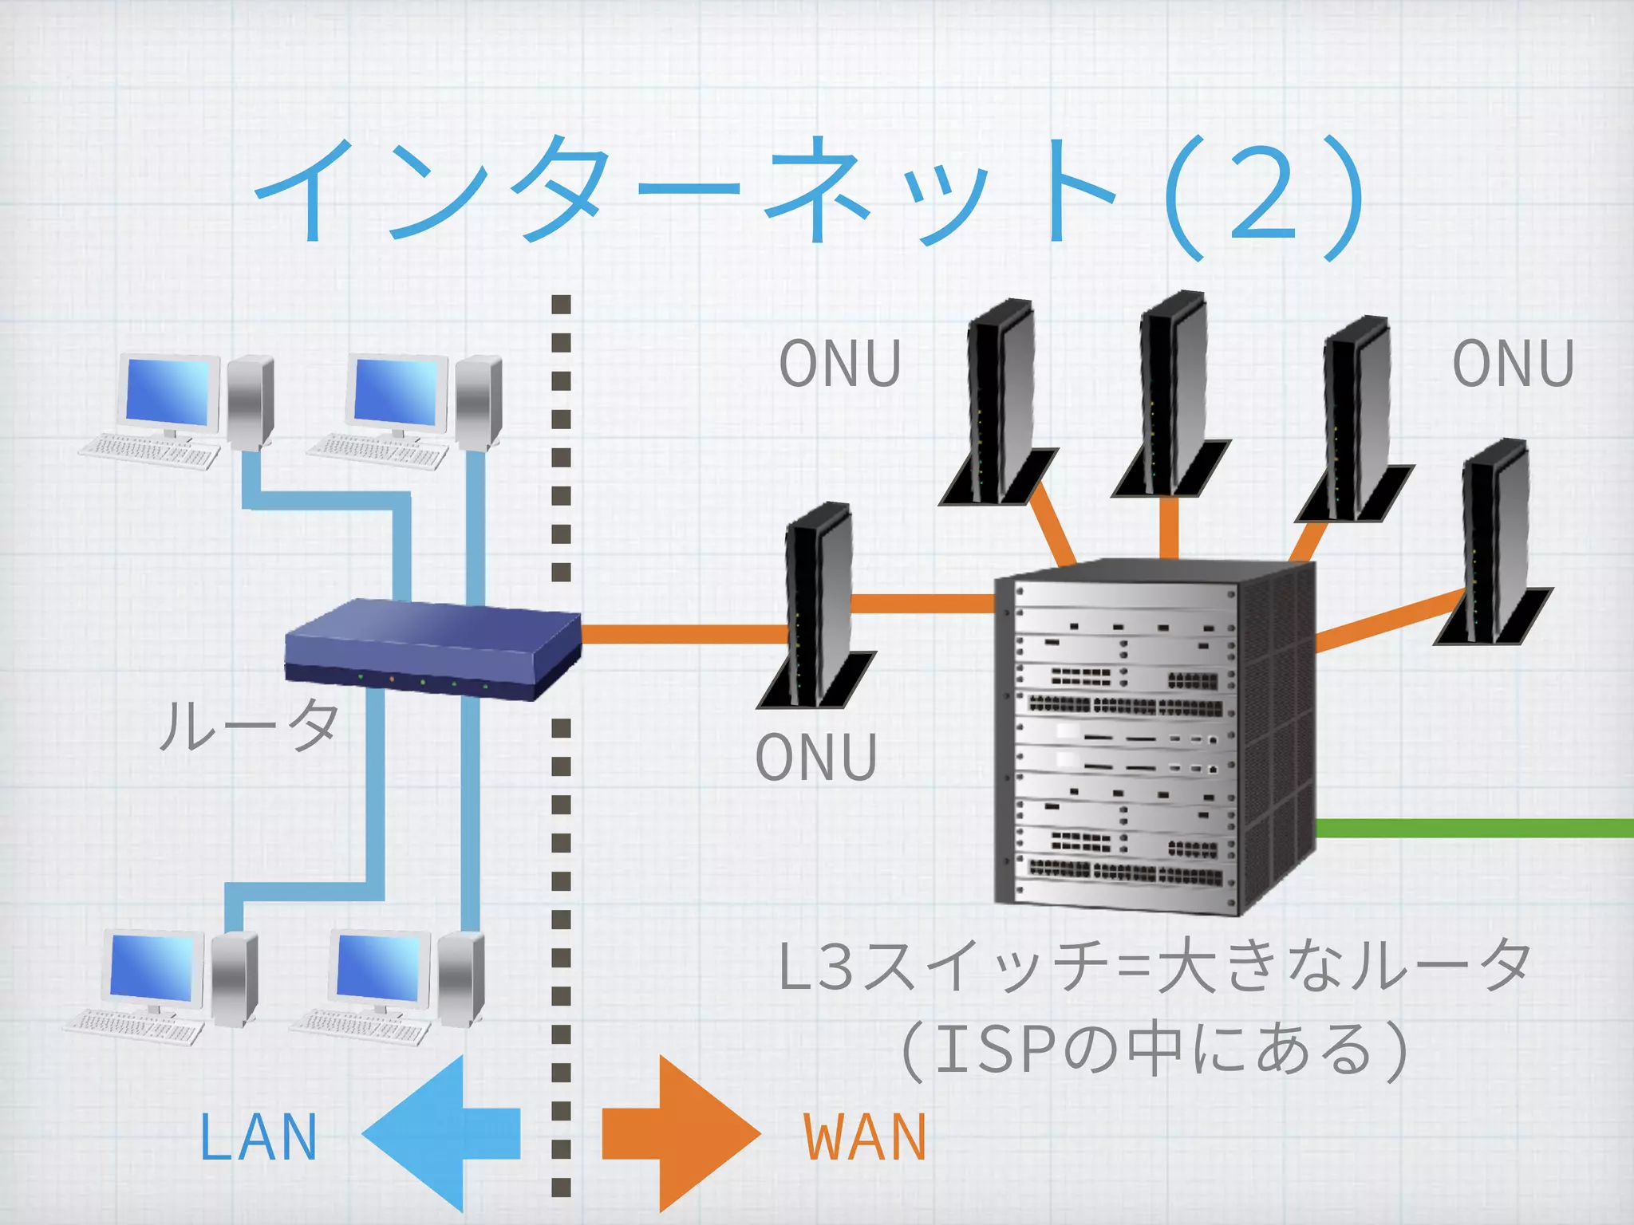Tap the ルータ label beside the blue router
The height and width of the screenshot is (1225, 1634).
pyautogui.click(x=250, y=725)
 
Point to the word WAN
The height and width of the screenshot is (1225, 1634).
pyautogui.click(x=865, y=1137)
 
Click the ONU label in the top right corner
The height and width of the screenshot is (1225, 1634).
pyautogui.click(x=1513, y=364)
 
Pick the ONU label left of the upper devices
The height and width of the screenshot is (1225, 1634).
pyautogui.click(x=840, y=364)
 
